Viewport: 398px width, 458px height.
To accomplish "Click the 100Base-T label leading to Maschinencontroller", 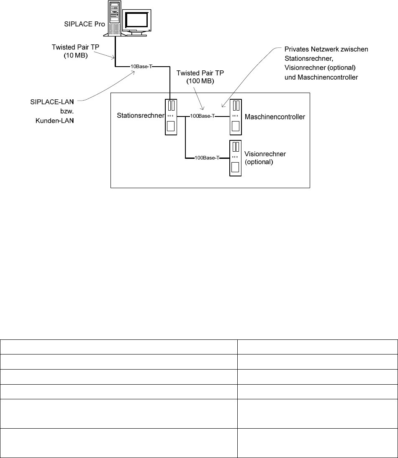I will point(203,116).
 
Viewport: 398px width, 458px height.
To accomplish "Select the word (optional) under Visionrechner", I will point(259,162).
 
